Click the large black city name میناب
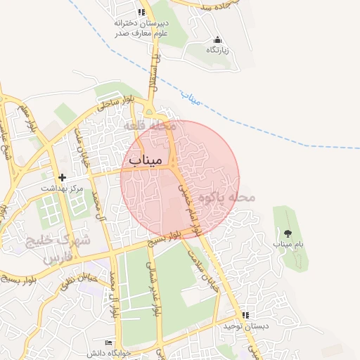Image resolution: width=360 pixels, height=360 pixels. coord(146,161)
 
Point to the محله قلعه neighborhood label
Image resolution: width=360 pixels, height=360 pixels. coord(145,125)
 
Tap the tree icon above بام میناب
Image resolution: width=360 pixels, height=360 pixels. coord(288,233)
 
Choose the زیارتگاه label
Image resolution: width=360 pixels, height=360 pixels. coord(218,50)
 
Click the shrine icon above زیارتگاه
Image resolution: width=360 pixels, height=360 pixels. coord(217,39)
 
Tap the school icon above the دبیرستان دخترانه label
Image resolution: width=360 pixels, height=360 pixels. coord(141,12)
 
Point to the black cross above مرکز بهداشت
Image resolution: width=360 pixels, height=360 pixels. coord(63,177)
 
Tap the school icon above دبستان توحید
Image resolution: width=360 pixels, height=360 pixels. coord(245,316)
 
